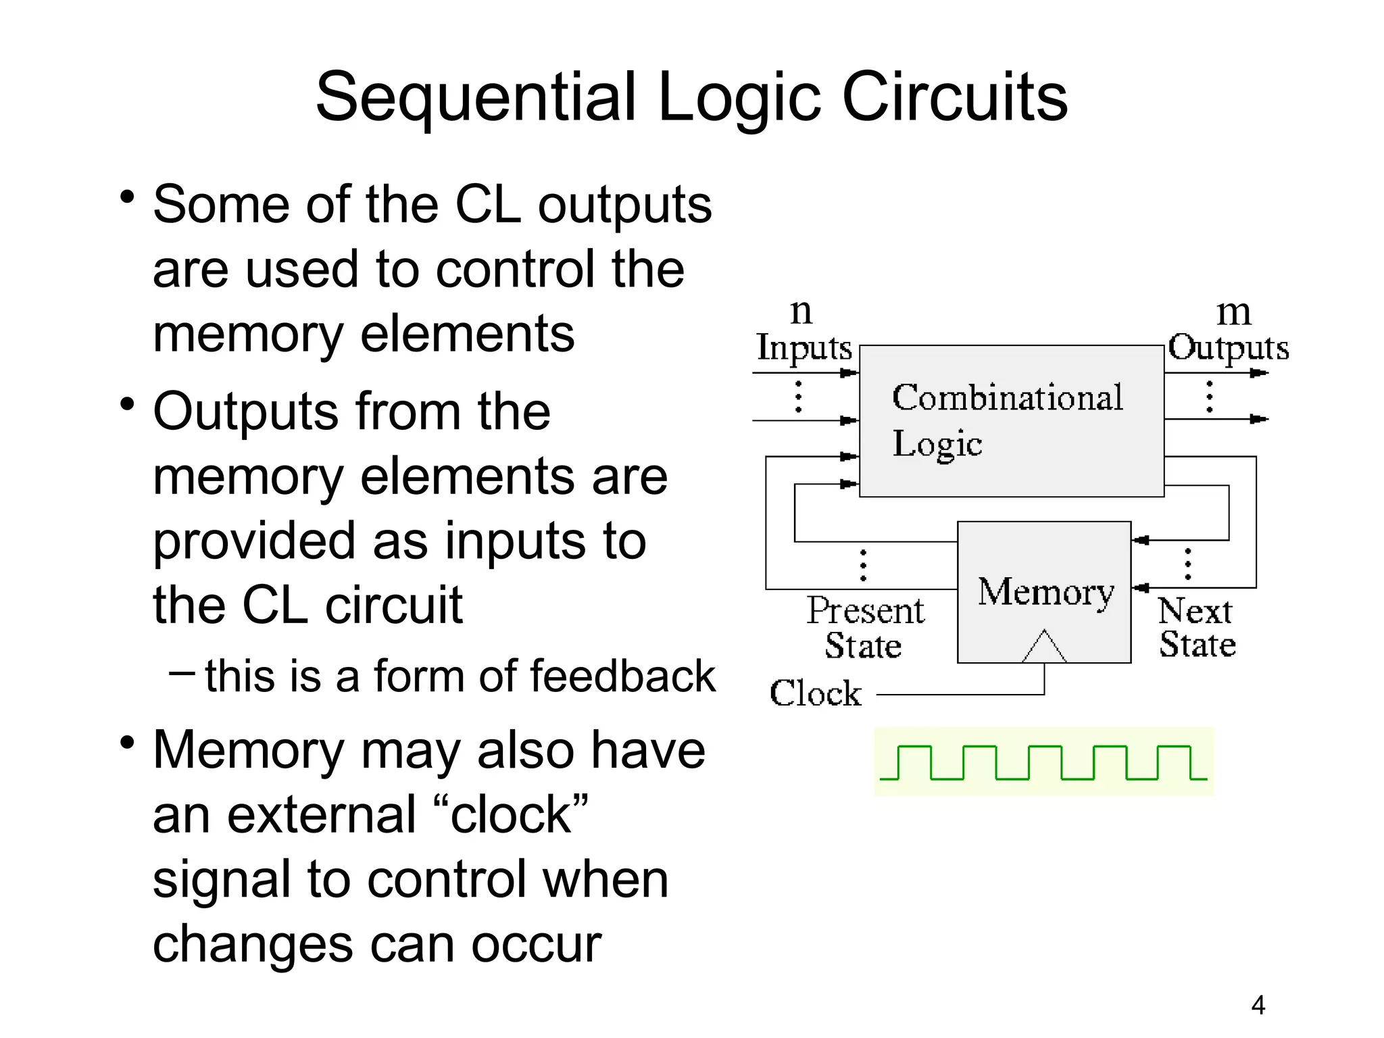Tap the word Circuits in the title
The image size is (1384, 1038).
coord(954,98)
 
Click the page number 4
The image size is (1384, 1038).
coord(1258,1006)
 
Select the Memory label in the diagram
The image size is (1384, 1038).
coord(1045,592)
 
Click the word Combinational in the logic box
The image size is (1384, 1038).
coord(1007,397)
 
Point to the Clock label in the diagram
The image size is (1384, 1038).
coord(816,693)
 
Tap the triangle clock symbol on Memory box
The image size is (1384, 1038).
coord(1044,647)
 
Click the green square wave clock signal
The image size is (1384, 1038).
coord(1043,762)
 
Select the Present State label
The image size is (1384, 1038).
coord(864,628)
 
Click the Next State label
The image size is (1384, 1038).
coord(1197,627)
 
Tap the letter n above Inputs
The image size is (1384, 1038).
coord(801,312)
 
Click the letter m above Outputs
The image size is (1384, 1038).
coord(1233,312)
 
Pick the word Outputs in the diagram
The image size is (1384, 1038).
coord(1228,349)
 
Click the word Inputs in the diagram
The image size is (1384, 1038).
coord(804,349)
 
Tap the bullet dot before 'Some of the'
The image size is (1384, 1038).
coord(127,198)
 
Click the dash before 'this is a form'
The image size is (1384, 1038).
coord(182,672)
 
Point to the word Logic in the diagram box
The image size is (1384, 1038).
coord(937,445)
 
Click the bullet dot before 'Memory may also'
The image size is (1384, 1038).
coord(127,743)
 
